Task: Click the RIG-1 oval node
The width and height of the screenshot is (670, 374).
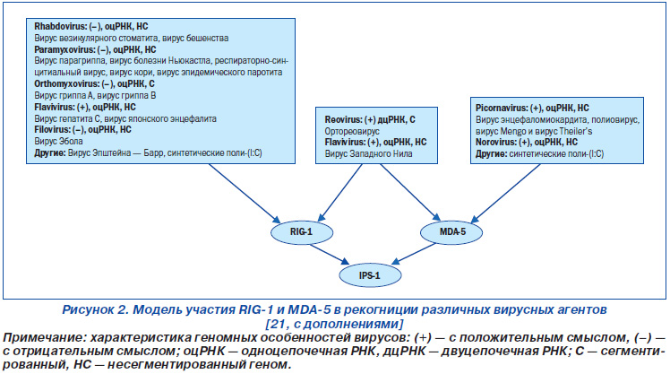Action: (x=302, y=232)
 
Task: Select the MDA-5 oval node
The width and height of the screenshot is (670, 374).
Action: (x=451, y=232)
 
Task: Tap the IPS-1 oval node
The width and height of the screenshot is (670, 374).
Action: (x=370, y=275)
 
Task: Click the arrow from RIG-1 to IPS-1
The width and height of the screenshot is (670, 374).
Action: (x=329, y=254)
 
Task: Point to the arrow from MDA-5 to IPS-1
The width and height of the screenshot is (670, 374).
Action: (x=414, y=254)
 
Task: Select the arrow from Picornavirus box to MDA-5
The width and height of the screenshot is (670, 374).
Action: (x=505, y=193)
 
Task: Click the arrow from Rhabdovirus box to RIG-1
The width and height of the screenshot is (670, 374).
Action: (x=244, y=193)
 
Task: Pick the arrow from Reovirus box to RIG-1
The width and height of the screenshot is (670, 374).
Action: (x=340, y=193)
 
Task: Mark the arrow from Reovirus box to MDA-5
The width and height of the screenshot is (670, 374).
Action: (x=410, y=192)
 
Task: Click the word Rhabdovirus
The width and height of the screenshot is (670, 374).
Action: (x=60, y=27)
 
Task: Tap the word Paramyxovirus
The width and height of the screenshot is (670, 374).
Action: (x=64, y=49)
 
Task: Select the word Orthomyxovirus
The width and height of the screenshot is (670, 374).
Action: (x=66, y=84)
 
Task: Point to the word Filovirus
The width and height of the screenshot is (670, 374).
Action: (x=52, y=130)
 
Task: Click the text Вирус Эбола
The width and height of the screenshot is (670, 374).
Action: (x=58, y=141)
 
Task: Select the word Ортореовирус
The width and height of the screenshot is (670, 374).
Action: (x=352, y=131)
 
